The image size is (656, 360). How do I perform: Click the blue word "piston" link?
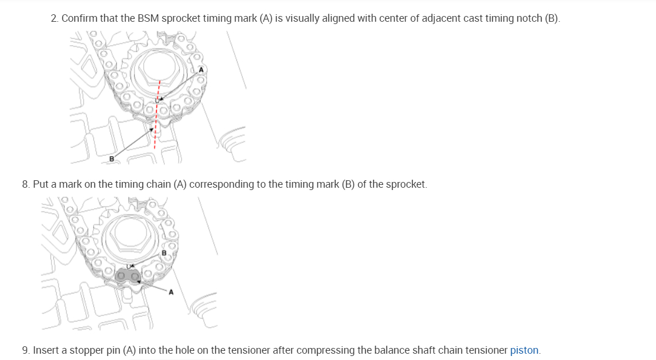524,350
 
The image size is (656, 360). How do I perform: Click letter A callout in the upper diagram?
200,70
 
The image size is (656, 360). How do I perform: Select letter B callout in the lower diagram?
163,252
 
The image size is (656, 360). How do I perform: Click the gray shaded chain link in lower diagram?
128,277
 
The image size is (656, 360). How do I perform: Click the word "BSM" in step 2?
148,18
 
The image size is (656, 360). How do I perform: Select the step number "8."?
26,184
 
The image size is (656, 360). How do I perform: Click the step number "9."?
26,350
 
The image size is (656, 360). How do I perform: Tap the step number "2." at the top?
55,18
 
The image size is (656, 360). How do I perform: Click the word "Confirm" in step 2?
80,18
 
